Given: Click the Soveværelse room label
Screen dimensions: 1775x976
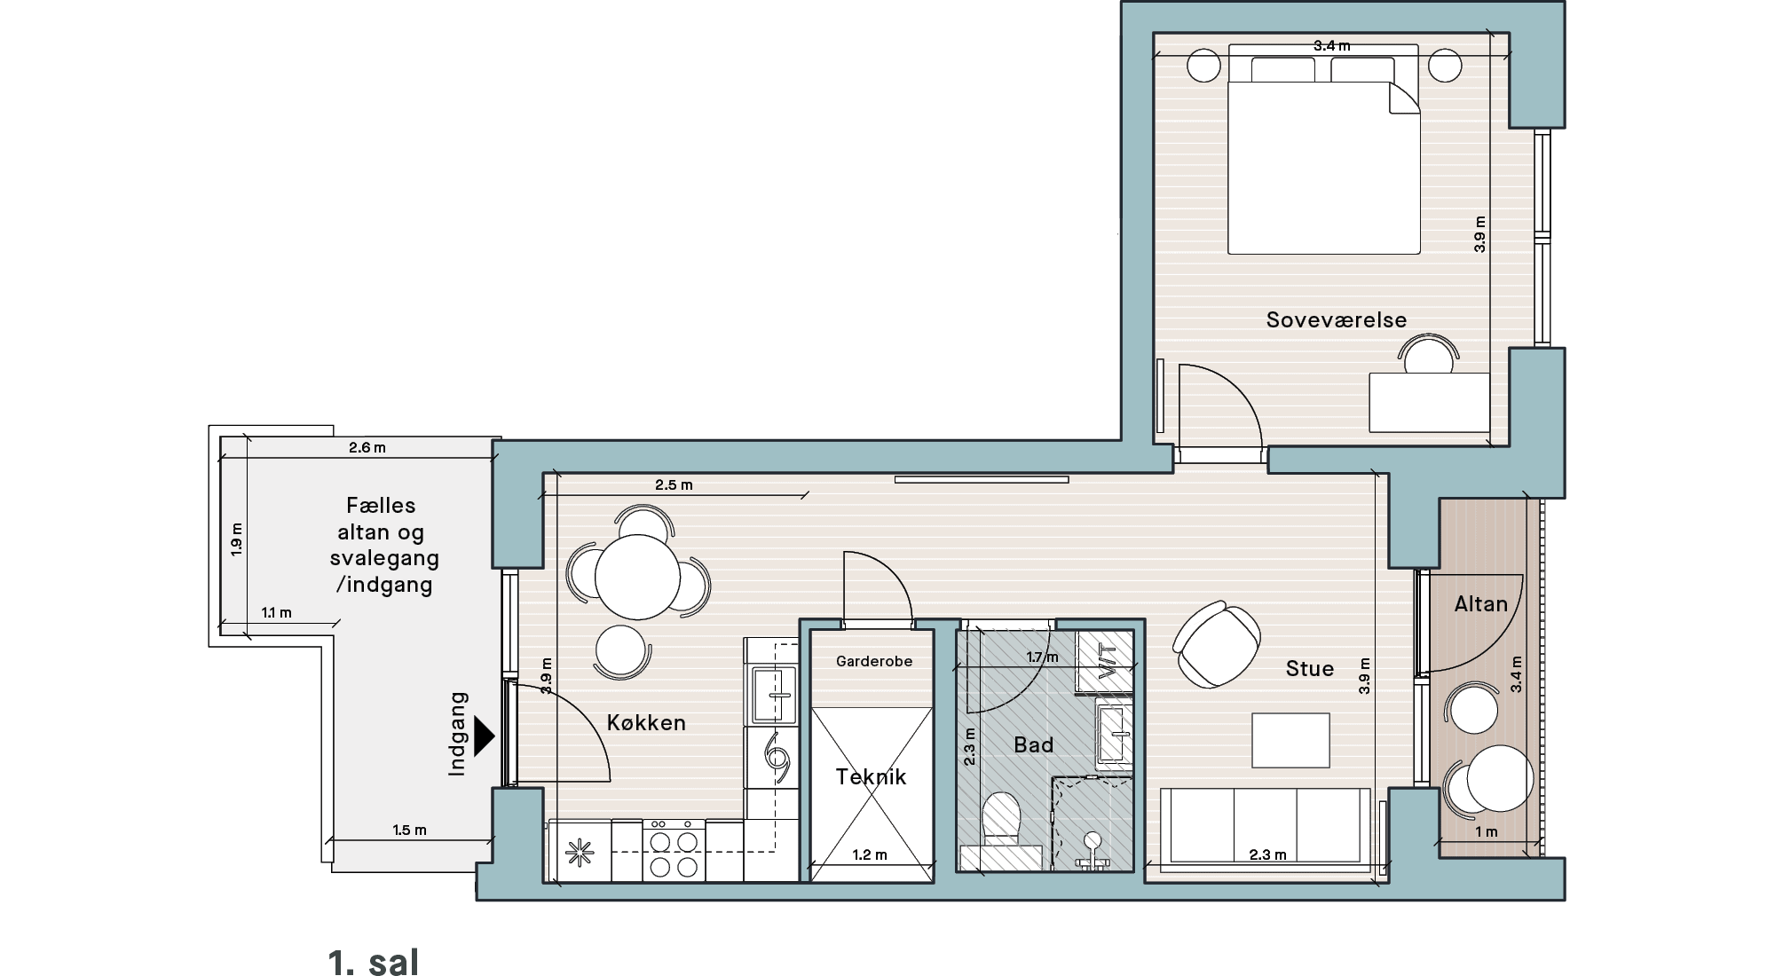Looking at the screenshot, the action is click(1337, 319).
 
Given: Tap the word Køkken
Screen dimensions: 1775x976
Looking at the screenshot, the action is click(646, 722).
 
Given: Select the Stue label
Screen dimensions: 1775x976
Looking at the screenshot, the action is click(1310, 668).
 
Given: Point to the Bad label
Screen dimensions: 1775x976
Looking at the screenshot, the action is click(1034, 744).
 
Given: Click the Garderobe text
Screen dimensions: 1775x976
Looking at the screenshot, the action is click(874, 661).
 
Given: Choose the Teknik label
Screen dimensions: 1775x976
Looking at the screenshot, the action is click(871, 776).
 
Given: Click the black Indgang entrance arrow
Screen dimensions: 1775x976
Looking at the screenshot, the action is click(484, 736).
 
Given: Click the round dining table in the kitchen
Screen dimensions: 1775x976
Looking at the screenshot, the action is click(637, 577).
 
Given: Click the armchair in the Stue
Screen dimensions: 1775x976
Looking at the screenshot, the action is click(1217, 643).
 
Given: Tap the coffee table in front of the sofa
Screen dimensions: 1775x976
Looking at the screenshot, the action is click(1291, 740).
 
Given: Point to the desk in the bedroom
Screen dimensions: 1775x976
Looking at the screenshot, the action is click(1430, 402).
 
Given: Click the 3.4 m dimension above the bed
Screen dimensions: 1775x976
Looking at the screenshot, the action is click(1332, 46).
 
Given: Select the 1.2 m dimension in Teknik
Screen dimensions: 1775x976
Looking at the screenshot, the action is click(870, 855).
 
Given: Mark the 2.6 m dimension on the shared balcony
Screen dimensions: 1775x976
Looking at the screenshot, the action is click(367, 448).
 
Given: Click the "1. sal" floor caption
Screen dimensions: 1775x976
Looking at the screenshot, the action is click(373, 962).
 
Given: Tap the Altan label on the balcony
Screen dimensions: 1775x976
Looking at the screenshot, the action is click(1481, 604).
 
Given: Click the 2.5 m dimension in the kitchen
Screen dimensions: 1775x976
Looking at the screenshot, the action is click(674, 485).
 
